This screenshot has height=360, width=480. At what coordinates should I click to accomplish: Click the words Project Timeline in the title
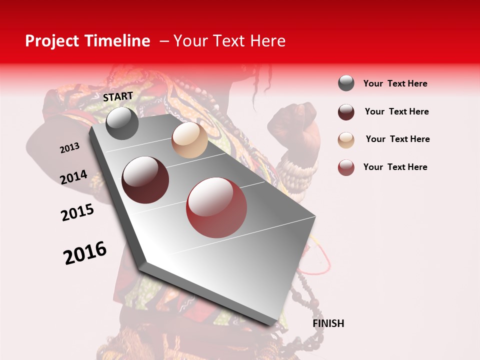[x=87, y=41]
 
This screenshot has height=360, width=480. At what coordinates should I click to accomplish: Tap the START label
[x=118, y=96]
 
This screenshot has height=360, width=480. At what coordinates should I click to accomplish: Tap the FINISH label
[x=328, y=323]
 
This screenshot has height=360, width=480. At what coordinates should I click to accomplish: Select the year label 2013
[x=70, y=148]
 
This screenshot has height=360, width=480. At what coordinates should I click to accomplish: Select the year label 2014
[x=74, y=177]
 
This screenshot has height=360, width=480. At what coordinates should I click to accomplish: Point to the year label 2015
[x=77, y=212]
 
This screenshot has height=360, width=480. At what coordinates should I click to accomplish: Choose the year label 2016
[x=85, y=252]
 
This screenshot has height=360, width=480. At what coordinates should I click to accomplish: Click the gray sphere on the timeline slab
[x=122, y=123]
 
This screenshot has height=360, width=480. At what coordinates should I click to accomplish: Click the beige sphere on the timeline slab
[x=189, y=140]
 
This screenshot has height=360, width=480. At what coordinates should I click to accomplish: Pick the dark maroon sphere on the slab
[x=145, y=180]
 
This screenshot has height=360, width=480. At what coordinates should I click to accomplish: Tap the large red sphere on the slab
[x=216, y=207]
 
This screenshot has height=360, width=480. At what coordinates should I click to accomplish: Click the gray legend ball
[x=346, y=83]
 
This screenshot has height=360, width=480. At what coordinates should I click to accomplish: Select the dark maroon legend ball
[x=346, y=112]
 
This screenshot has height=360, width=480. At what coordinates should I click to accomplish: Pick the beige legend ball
[x=346, y=140]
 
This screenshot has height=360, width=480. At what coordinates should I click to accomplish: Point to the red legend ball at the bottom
[x=346, y=167]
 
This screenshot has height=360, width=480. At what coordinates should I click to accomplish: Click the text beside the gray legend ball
[x=395, y=83]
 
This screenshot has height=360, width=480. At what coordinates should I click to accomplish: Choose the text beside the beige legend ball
[x=398, y=139]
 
